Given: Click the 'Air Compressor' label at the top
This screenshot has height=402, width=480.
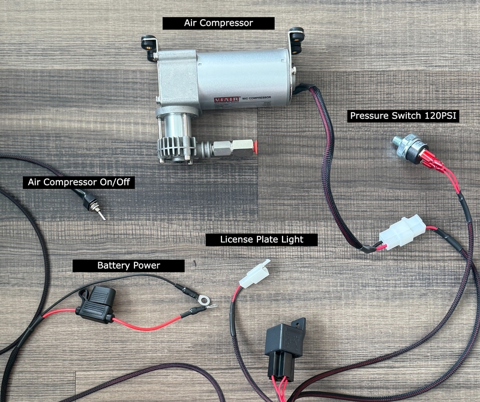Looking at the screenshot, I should (x=218, y=23).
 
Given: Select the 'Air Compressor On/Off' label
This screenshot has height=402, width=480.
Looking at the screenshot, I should (x=78, y=182).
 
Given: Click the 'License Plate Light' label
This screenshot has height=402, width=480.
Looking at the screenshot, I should (x=261, y=239).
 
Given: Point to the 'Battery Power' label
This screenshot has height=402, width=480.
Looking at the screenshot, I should (x=128, y=265).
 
